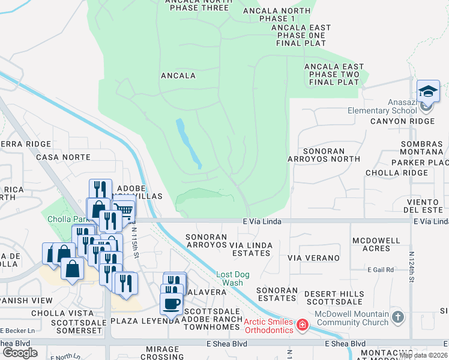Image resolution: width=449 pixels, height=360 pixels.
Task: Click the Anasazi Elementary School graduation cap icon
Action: point(428,92)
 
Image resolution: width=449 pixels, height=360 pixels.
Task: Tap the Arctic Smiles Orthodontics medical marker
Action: point(303,326)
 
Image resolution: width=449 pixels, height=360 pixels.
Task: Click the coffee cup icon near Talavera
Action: point(171,304)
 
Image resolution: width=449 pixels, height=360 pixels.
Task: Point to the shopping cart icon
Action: point(124,209)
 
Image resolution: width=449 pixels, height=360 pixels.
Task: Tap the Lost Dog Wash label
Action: point(229,279)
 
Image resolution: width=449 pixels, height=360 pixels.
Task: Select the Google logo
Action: point(20,352)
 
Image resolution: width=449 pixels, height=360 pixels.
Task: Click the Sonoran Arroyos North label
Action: point(324,155)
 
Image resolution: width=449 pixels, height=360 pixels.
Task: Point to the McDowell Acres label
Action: point(376,244)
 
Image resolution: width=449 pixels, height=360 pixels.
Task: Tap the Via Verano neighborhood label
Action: point(310,257)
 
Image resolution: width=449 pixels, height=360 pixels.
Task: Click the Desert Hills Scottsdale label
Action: point(334,298)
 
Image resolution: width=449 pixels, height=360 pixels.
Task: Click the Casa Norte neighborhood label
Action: point(63,157)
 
